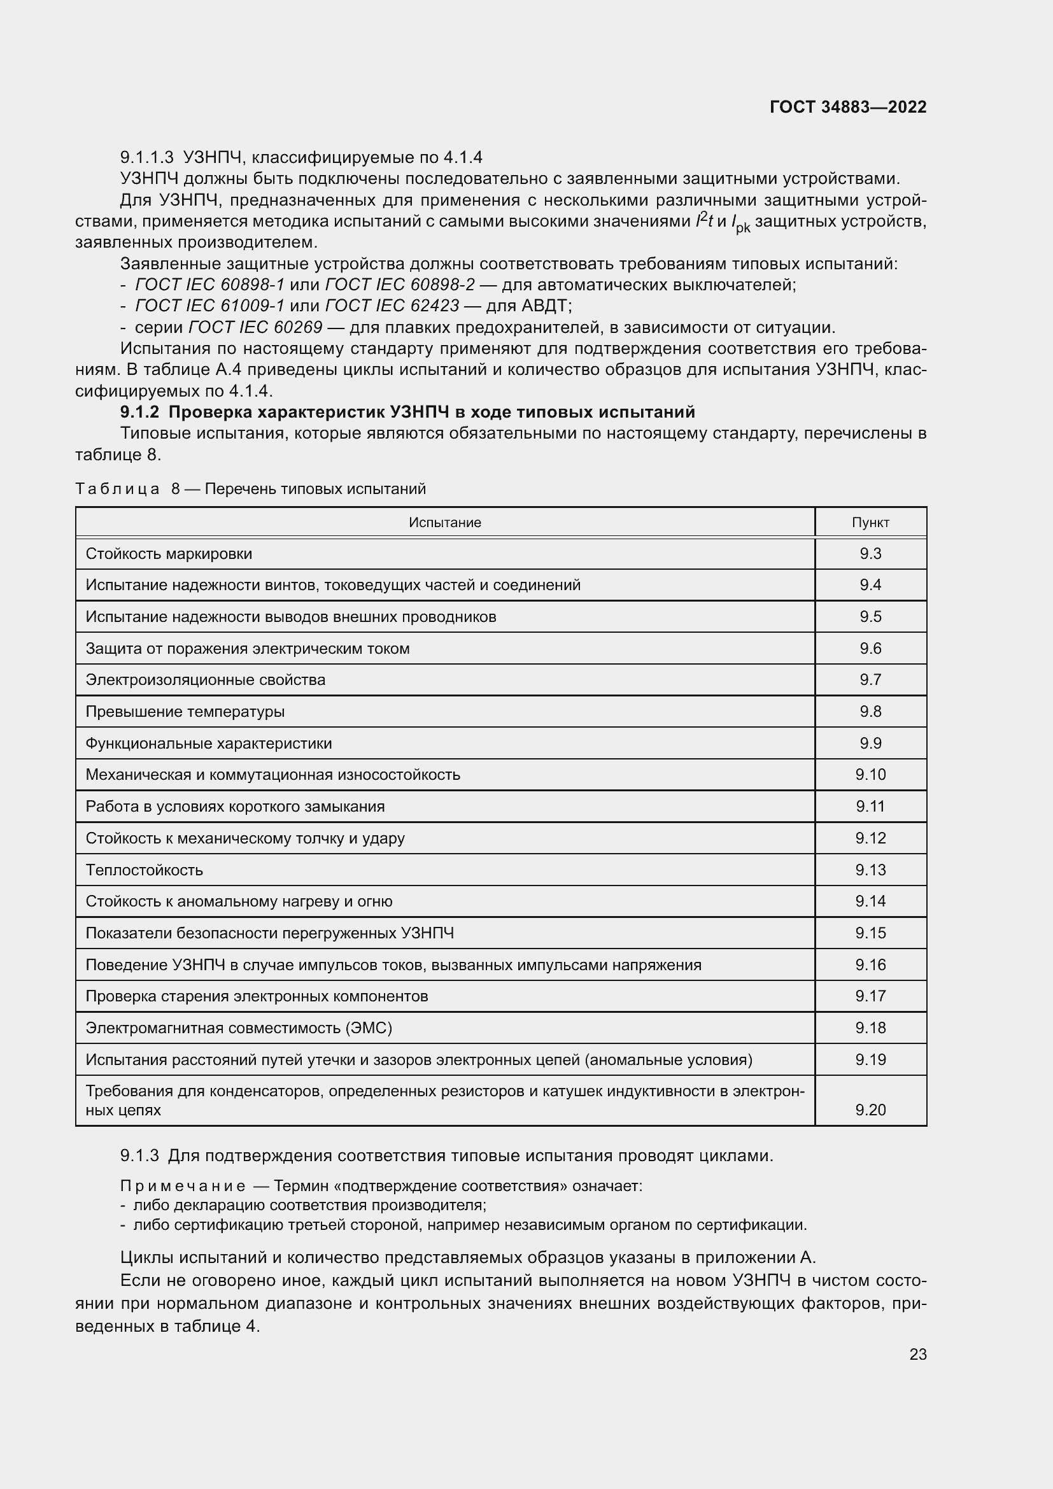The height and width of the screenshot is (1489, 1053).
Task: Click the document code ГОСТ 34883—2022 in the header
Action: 847,107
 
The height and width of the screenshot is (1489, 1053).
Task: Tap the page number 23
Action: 917,1354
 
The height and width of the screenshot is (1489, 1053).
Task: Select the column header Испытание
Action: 445,523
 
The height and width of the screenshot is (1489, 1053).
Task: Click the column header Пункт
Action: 870,523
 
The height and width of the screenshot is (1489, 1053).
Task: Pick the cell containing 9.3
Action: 870,554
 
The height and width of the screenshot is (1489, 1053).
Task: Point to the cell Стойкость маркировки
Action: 169,554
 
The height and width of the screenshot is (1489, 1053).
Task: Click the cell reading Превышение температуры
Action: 185,712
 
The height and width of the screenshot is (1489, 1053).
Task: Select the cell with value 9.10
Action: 870,774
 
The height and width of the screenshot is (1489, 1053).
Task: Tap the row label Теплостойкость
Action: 144,870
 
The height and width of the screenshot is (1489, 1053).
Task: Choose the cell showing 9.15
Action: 870,933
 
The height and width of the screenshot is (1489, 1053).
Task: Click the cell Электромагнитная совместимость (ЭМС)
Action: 239,1028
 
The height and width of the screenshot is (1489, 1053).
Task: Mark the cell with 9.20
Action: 870,1110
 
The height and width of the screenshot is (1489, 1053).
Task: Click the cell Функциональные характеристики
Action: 208,743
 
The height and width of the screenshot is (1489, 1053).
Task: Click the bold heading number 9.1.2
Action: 139,413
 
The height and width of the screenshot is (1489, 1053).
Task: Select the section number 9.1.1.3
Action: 147,158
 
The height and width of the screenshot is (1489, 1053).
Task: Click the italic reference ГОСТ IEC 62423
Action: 392,306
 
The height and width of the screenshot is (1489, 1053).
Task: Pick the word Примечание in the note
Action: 183,1186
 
